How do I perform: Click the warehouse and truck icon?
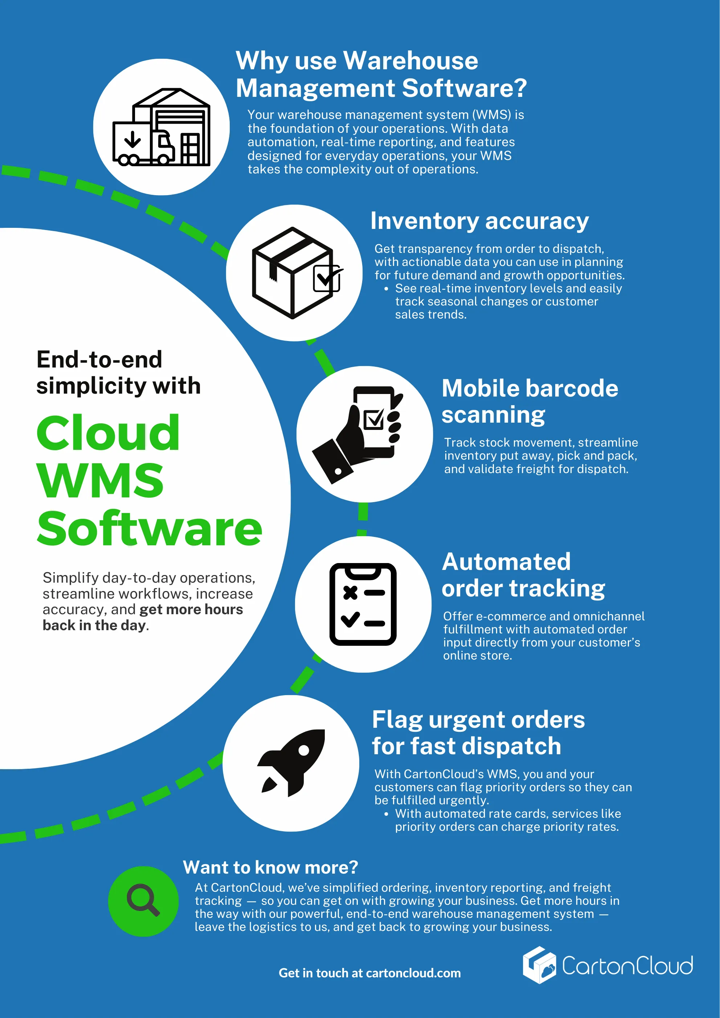pos(161,127)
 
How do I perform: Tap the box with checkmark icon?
pos(294,273)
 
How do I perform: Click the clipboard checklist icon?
pos(363,604)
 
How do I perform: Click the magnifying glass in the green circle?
pos(143,900)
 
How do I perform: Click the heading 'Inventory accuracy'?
pos(479,221)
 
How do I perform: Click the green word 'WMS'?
pos(101,481)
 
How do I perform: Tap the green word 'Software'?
pos(150,529)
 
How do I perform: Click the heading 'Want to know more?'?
pos(270,867)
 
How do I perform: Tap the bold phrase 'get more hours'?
pos(191,609)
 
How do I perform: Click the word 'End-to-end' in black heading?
pos(99,359)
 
